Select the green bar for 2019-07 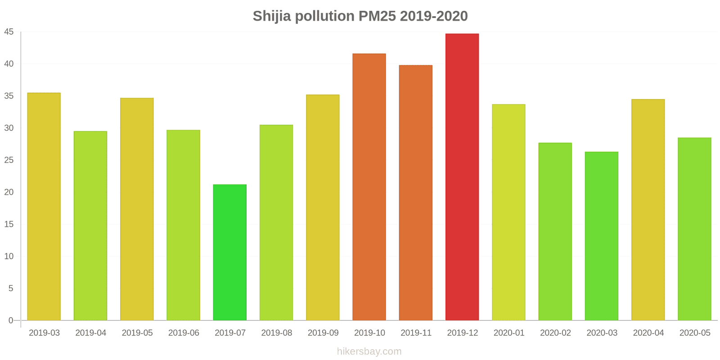click(229, 252)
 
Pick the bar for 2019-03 click(44, 207)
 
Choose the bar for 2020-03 click(602, 236)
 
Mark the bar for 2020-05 click(694, 229)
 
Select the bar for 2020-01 click(508, 212)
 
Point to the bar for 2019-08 click(276, 222)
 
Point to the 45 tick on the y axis click(9, 32)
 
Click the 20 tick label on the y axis click(9, 192)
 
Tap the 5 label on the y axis click(11, 288)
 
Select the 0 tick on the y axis click(11, 320)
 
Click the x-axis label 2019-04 click(90, 333)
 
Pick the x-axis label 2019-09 click(323, 333)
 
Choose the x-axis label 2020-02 click(555, 333)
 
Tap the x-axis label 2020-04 click(648, 333)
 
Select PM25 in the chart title click(377, 16)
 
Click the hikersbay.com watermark click(369, 351)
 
